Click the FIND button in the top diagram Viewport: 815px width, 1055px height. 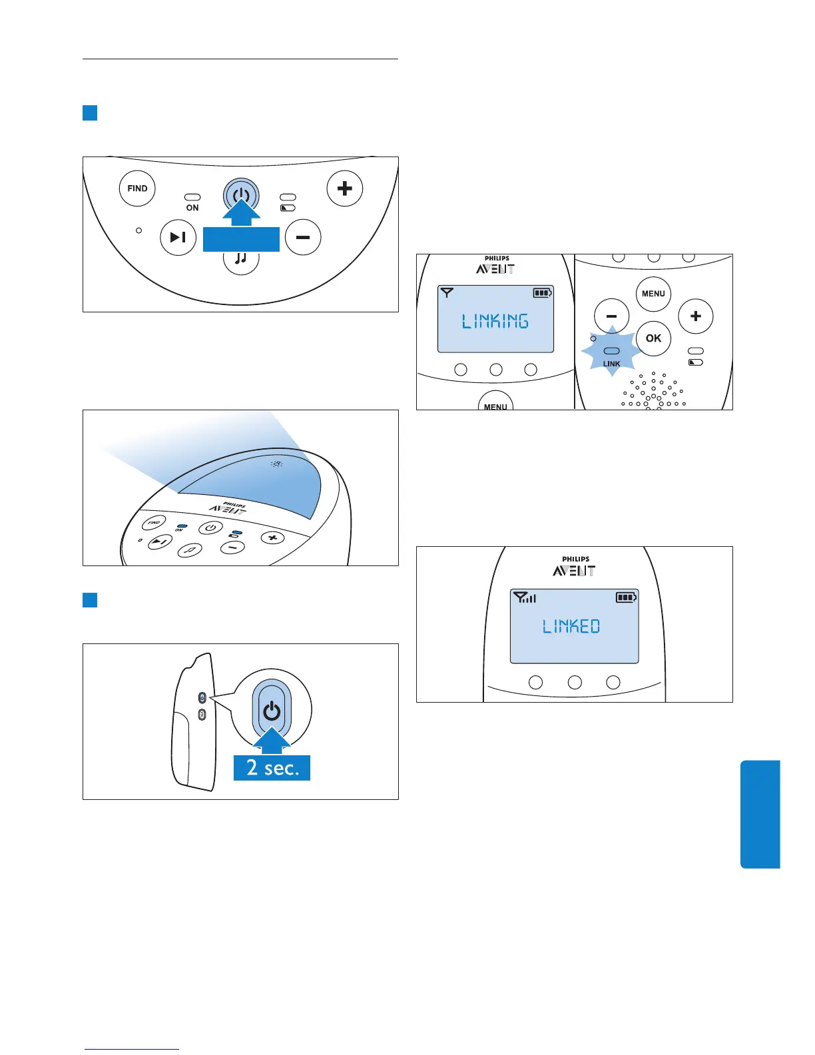(137, 188)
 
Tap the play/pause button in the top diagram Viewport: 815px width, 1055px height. (178, 237)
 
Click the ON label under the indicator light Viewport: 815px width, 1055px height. (192, 208)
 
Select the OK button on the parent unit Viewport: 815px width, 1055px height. (653, 338)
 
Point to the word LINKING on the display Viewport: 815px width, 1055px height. (495, 321)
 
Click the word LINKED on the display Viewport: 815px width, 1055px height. (571, 626)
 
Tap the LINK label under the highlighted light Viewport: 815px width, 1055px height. (611, 364)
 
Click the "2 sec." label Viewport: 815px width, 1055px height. (272, 768)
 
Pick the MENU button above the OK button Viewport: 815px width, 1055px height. (653, 294)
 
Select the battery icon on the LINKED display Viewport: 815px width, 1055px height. (626, 597)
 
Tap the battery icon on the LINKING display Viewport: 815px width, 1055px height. (543, 292)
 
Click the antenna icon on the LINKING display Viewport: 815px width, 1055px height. (447, 292)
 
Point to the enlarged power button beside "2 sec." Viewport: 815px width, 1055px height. (272, 711)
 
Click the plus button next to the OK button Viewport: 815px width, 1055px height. (695, 316)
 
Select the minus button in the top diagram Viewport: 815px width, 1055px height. (303, 237)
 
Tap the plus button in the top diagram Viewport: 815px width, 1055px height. (344, 188)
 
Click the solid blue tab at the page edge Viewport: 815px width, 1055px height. (760, 814)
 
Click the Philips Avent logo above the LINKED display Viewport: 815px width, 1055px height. (574, 567)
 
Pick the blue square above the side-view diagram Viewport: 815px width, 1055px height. (90, 599)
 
